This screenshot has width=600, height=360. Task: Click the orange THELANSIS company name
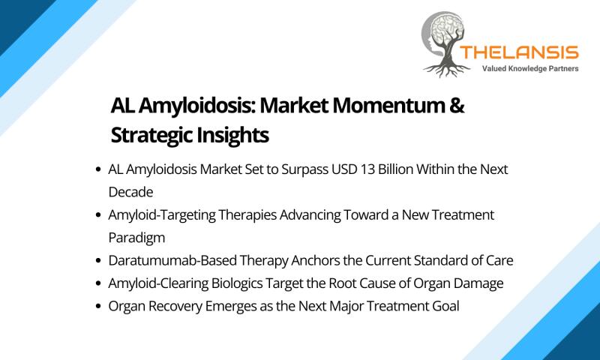[519, 52]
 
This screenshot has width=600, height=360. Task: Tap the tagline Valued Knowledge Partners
[530, 69]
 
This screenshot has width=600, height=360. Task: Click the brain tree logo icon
[445, 44]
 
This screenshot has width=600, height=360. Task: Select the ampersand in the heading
[457, 105]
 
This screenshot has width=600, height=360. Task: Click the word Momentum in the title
[388, 105]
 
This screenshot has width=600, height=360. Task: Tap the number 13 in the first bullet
[367, 169]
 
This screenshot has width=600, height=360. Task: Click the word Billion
[395, 169]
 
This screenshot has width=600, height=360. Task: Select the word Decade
[130, 192]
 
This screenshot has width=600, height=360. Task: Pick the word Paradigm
[136, 238]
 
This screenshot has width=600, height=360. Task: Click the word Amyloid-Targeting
[161, 215]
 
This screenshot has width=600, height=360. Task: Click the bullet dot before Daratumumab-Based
[99, 261]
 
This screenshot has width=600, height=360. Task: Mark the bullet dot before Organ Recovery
[99, 307]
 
